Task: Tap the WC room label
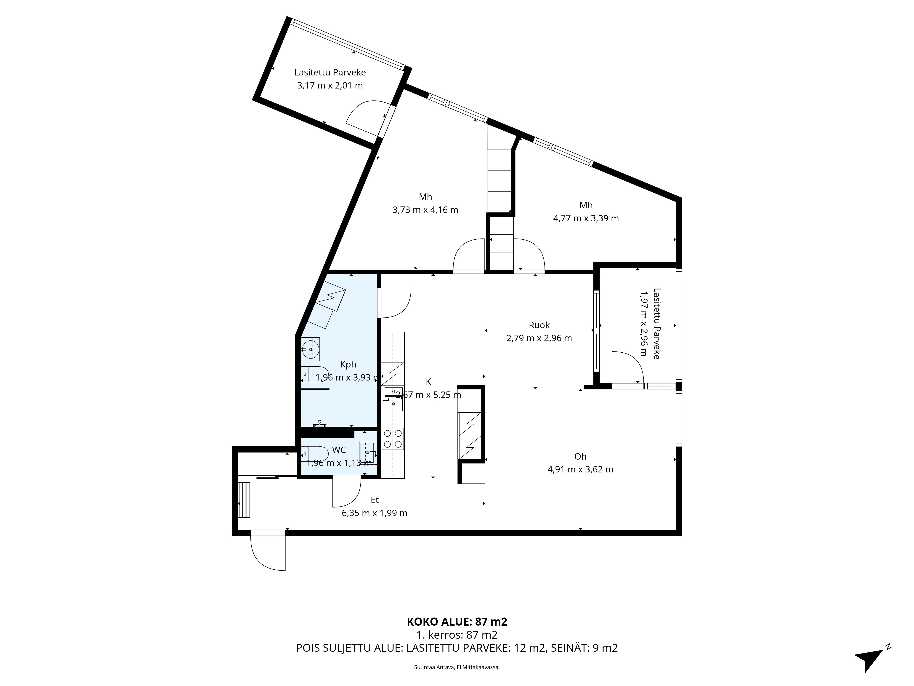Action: click(339, 450)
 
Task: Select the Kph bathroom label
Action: click(348, 364)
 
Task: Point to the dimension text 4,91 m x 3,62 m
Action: click(580, 469)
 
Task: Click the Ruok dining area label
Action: click(539, 325)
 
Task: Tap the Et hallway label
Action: click(374, 500)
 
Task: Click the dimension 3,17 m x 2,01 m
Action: click(330, 86)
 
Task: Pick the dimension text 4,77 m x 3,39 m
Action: click(586, 218)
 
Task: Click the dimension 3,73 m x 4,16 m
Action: click(425, 210)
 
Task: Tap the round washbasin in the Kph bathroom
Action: click(310, 349)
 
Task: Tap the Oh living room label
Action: click(580, 456)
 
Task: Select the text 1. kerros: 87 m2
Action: click(457, 646)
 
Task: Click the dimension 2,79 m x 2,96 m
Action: click(539, 338)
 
